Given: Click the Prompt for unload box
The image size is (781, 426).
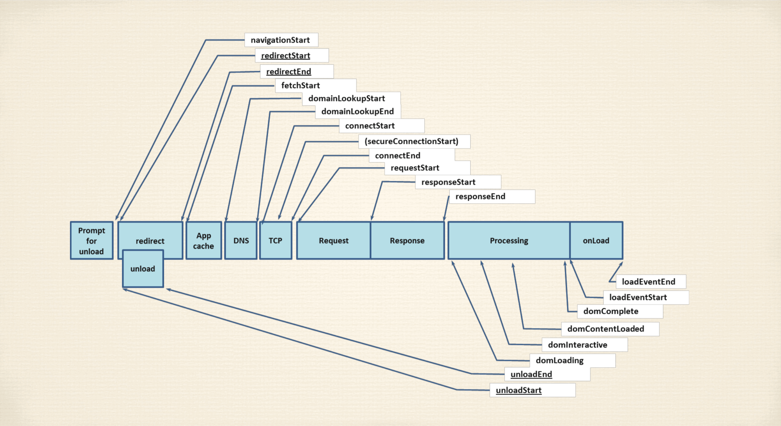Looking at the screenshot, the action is click(92, 241).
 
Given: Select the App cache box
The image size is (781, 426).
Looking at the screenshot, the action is click(204, 241).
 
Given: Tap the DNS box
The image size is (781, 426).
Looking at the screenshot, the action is click(241, 241).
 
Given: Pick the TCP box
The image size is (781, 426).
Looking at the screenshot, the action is click(276, 241).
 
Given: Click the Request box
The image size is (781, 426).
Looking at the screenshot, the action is click(334, 241).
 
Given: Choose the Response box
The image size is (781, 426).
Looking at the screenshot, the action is click(407, 241).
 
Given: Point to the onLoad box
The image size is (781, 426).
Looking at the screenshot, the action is click(596, 241).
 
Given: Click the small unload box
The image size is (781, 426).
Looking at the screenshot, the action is click(143, 269).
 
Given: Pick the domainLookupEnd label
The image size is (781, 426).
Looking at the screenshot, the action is click(358, 111).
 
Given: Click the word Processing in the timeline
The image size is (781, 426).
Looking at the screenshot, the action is click(509, 241).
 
